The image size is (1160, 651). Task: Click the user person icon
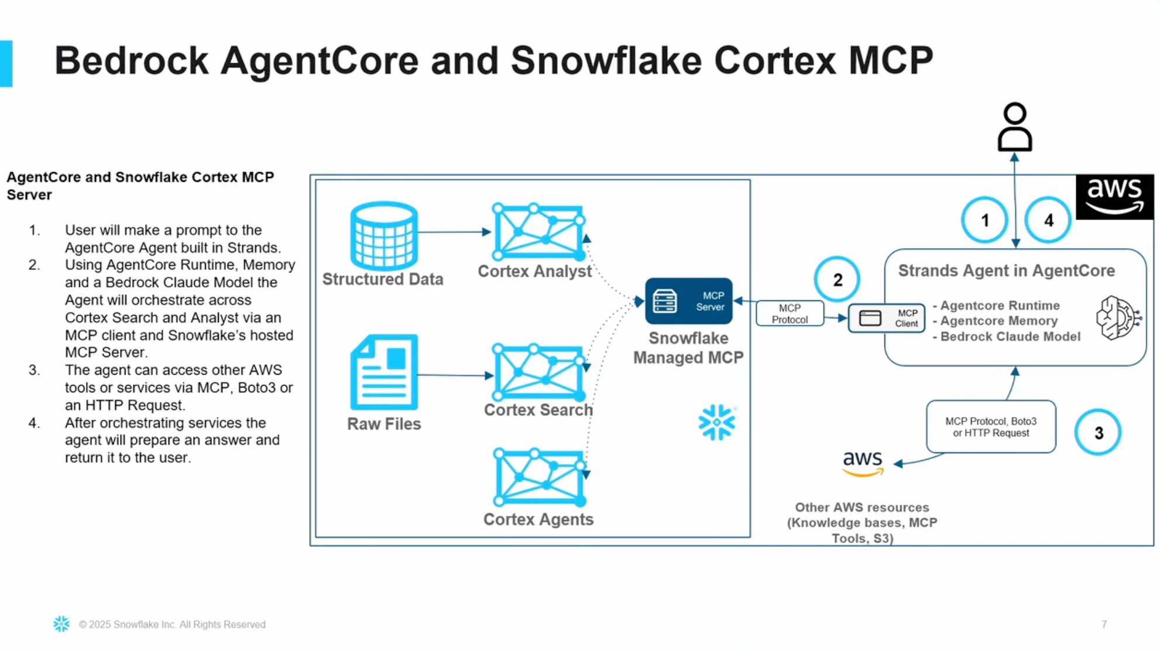tap(1014, 127)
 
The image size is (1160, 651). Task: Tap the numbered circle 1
tap(984, 220)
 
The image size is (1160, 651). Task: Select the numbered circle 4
tap(1048, 220)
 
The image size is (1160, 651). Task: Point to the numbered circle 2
tap(837, 279)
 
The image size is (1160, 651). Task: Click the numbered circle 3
tap(1098, 433)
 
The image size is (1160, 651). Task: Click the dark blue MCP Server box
tap(688, 301)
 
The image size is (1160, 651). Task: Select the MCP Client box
tap(887, 318)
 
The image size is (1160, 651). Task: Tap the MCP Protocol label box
tap(790, 314)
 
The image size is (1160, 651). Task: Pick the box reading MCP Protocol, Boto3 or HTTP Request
tap(991, 427)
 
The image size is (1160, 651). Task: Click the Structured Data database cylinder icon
tap(384, 235)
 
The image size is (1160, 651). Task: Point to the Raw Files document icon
tap(384, 372)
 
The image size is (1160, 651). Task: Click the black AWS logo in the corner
tap(1114, 197)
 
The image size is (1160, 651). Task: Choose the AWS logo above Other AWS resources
tap(863, 463)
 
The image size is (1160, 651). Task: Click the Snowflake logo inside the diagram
tap(717, 422)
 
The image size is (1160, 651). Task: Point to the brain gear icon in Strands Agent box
tap(1118, 318)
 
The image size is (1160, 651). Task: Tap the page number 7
tap(1104, 625)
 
